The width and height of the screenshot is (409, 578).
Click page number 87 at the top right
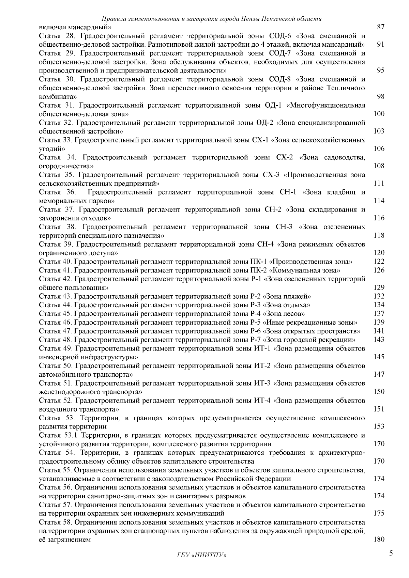(381, 27)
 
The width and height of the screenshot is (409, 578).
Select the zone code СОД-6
(280, 36)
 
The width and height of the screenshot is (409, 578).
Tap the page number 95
(381, 71)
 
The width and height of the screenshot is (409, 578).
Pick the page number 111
(379, 184)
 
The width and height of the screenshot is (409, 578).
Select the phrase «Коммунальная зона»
(305, 270)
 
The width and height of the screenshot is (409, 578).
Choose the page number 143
(379, 340)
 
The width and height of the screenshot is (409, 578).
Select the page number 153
(379, 426)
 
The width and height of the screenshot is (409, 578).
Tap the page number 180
(379, 540)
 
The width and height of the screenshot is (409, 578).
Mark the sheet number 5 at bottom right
(391, 553)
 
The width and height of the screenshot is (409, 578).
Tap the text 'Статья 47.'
(55, 331)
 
